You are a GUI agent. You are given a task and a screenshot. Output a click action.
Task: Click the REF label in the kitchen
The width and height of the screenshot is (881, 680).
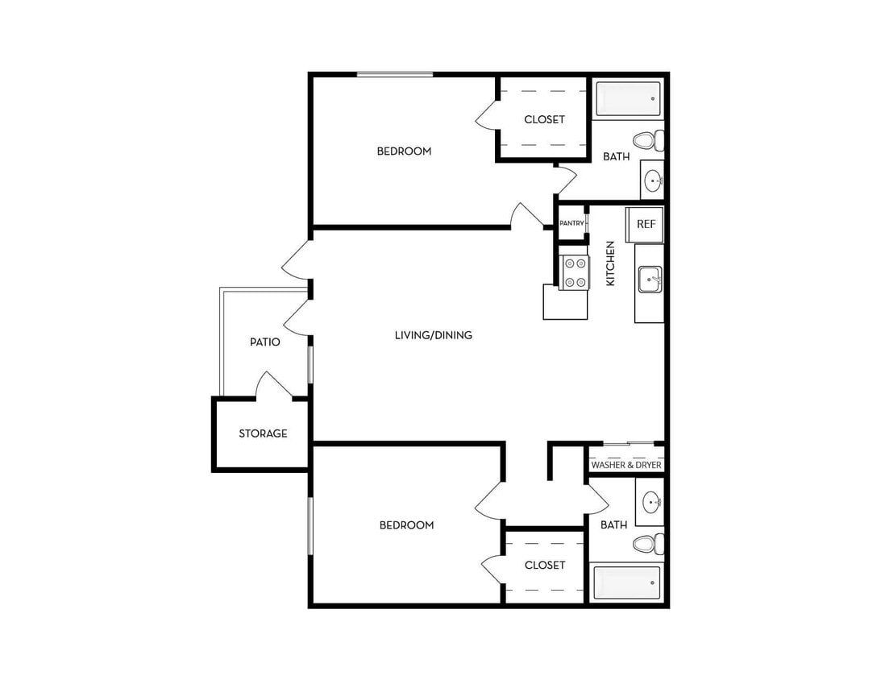click(x=646, y=225)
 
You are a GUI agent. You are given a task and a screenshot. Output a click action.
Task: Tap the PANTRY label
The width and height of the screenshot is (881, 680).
click(x=571, y=223)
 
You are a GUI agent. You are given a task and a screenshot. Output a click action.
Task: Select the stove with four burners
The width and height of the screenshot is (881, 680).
click(x=575, y=272)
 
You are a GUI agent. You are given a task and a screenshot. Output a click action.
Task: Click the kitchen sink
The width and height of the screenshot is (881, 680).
click(x=650, y=280)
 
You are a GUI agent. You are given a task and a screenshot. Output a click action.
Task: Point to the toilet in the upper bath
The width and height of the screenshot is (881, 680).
click(x=647, y=141)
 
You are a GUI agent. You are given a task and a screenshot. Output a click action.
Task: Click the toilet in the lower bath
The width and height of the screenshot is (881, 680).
click(x=647, y=544)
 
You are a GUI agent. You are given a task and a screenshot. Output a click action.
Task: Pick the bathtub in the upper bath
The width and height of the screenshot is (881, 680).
click(x=628, y=98)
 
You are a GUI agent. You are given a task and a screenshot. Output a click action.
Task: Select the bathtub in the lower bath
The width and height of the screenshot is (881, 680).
click(x=626, y=583)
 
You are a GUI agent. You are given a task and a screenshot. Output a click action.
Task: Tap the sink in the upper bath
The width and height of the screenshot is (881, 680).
click(x=653, y=180)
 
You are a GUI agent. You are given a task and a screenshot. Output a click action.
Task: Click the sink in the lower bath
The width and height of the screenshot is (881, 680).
click(x=651, y=504)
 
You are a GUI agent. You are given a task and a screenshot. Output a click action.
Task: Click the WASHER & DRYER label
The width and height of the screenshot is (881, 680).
click(x=626, y=466)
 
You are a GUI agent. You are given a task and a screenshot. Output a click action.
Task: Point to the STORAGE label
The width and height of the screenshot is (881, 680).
click(x=263, y=433)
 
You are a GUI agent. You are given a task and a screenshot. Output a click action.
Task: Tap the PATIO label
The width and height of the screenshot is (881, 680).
click(x=264, y=342)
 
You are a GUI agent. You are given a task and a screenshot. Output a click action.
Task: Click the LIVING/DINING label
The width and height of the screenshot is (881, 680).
click(x=433, y=335)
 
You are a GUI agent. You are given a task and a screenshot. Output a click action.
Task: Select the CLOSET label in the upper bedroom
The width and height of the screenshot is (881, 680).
click(x=544, y=119)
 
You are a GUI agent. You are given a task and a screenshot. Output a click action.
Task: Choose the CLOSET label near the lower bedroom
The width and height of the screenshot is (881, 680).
click(x=545, y=565)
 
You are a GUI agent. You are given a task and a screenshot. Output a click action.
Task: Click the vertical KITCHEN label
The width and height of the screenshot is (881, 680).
click(x=610, y=263)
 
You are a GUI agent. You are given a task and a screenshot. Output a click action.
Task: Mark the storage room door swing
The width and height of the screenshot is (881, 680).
click(x=272, y=384)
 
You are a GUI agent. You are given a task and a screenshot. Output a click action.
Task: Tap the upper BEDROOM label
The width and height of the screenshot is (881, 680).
click(x=404, y=151)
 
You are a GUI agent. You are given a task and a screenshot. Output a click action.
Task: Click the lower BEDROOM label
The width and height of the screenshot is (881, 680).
click(x=406, y=525)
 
